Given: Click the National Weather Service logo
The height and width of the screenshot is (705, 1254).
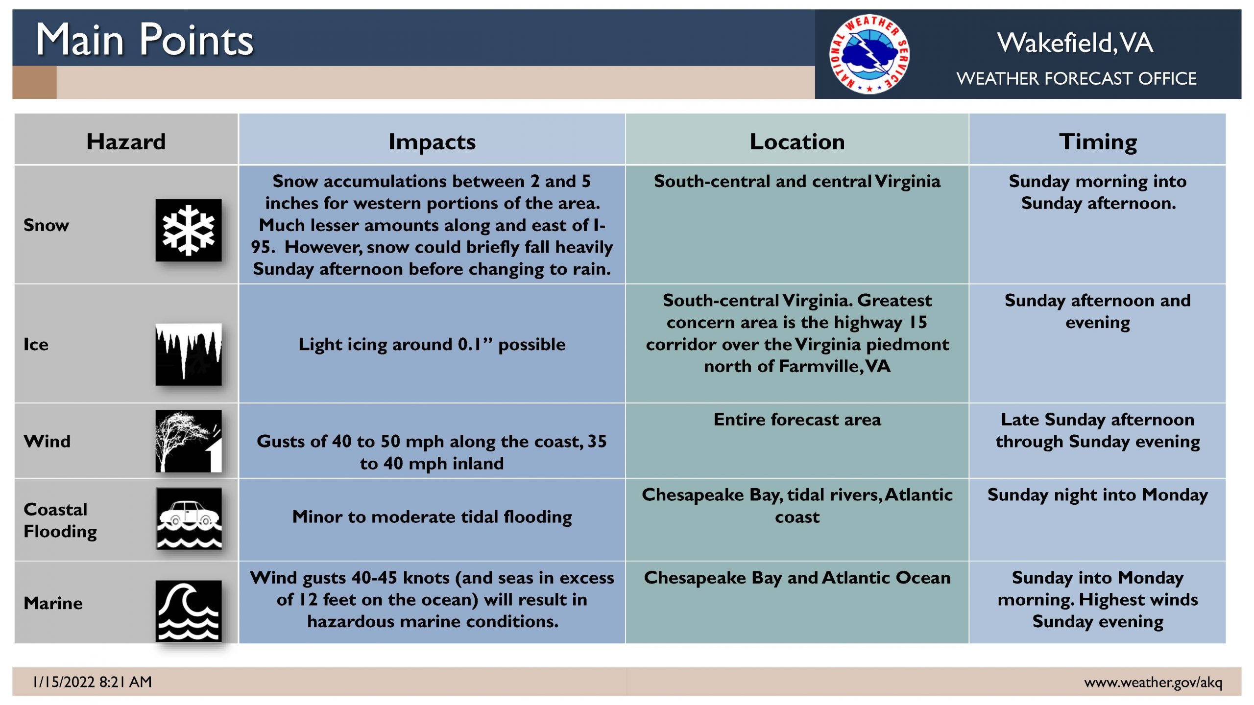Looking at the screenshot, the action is (869, 54).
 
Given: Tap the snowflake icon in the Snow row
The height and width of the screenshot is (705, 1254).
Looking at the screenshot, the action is (189, 230).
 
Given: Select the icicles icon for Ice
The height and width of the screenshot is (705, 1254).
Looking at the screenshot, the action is (189, 354).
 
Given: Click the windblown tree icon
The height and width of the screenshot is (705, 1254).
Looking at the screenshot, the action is (189, 441).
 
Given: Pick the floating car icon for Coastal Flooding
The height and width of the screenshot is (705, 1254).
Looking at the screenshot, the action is (189, 518).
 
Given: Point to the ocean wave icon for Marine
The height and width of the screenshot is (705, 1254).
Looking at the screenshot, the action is (189, 611).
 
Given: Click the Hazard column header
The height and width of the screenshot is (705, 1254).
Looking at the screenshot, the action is (126, 141).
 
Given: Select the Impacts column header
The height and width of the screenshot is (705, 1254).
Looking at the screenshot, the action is (432, 142).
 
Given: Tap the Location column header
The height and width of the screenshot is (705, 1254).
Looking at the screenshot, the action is (797, 141).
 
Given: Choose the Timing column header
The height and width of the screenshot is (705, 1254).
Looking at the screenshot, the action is (1098, 142).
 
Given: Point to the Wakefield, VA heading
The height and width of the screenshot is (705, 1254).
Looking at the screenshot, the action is (1075, 43).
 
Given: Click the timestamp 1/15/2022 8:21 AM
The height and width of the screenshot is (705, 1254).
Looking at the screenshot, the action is (92, 681).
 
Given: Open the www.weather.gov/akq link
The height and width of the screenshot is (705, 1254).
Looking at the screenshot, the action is (1153, 682).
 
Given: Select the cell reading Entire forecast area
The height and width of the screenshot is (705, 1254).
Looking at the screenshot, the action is (797, 420).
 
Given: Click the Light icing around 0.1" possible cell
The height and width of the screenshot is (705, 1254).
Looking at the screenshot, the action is (432, 344).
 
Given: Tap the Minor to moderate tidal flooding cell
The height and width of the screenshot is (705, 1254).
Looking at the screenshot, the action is (432, 517).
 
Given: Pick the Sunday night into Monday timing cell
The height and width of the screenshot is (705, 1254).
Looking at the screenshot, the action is (1098, 495).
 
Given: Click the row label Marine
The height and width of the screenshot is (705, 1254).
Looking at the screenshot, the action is (53, 603).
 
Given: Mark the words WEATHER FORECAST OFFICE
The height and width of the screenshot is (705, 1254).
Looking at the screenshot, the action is (1076, 78).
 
